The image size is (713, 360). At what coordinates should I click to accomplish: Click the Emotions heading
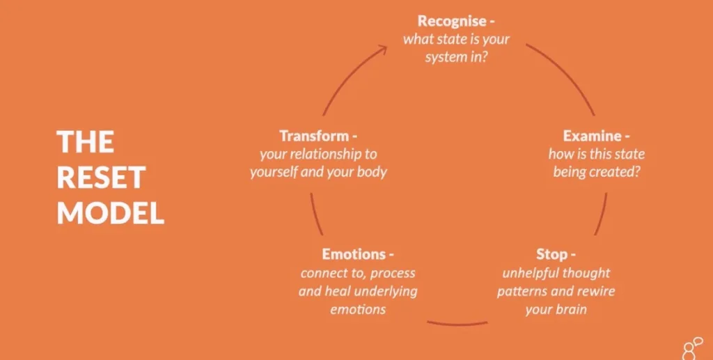click(x=353, y=254)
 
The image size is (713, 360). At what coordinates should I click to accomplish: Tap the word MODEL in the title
click(x=111, y=214)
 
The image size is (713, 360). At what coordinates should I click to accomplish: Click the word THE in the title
click(x=86, y=142)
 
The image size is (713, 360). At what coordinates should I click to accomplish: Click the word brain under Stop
click(x=570, y=308)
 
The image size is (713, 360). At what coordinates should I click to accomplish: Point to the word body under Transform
click(x=370, y=171)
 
